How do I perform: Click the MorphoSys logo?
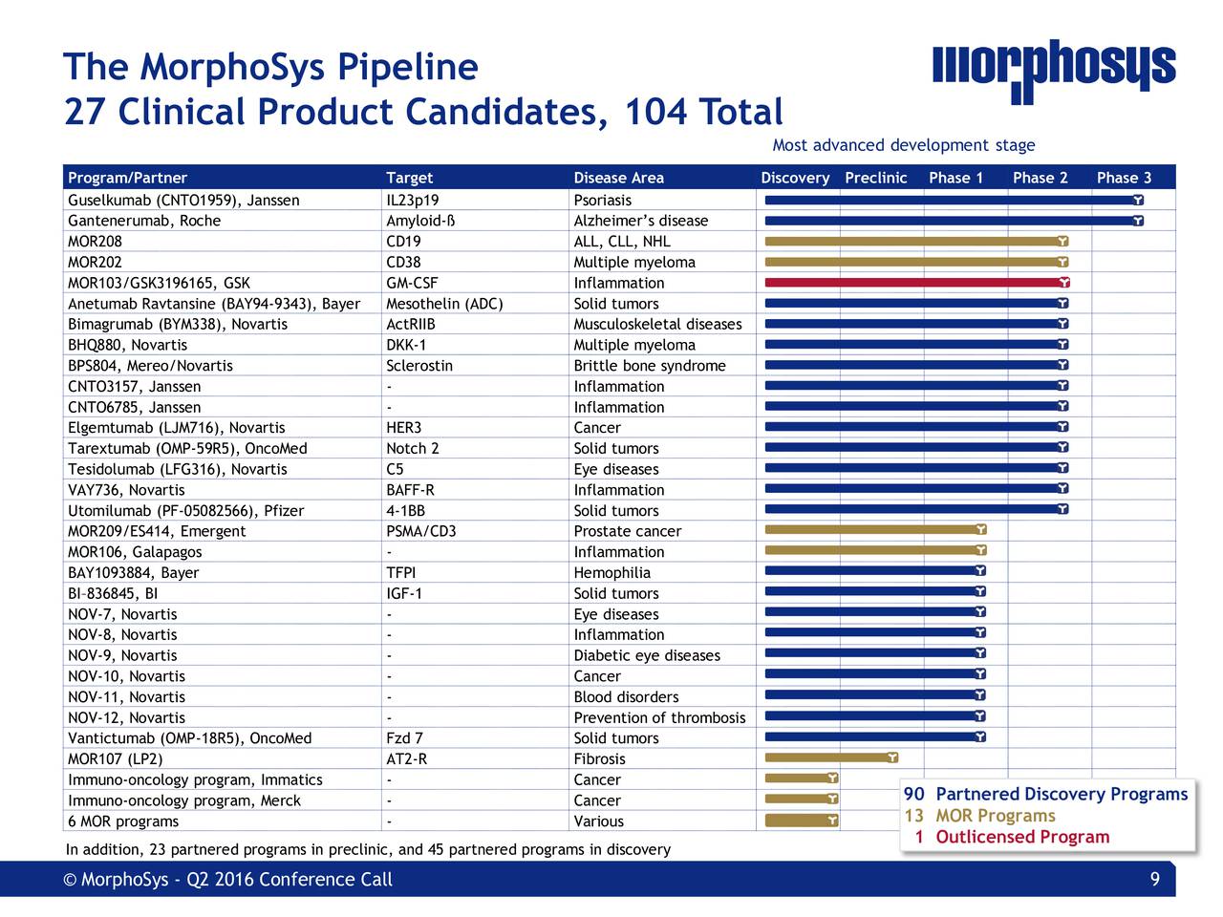tap(1053, 71)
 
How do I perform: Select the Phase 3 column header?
tap(1124, 178)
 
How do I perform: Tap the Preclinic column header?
tap(875, 178)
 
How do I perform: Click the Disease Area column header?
tap(618, 178)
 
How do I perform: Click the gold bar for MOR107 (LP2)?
tap(829, 758)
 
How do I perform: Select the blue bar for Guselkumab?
tap(951, 201)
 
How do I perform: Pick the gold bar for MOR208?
tap(913, 242)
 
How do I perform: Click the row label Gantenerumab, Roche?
tap(144, 221)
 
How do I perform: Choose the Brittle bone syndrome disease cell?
tap(649, 366)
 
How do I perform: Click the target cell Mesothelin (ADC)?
tap(444, 304)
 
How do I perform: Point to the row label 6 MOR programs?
tap(123, 821)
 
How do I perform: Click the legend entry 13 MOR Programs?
tap(980, 816)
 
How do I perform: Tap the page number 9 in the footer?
tap(1154, 880)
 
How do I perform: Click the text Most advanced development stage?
tap(903, 145)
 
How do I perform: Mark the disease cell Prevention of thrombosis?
tap(658, 717)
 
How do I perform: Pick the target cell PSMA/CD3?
tap(421, 531)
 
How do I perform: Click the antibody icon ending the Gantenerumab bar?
tap(1138, 222)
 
